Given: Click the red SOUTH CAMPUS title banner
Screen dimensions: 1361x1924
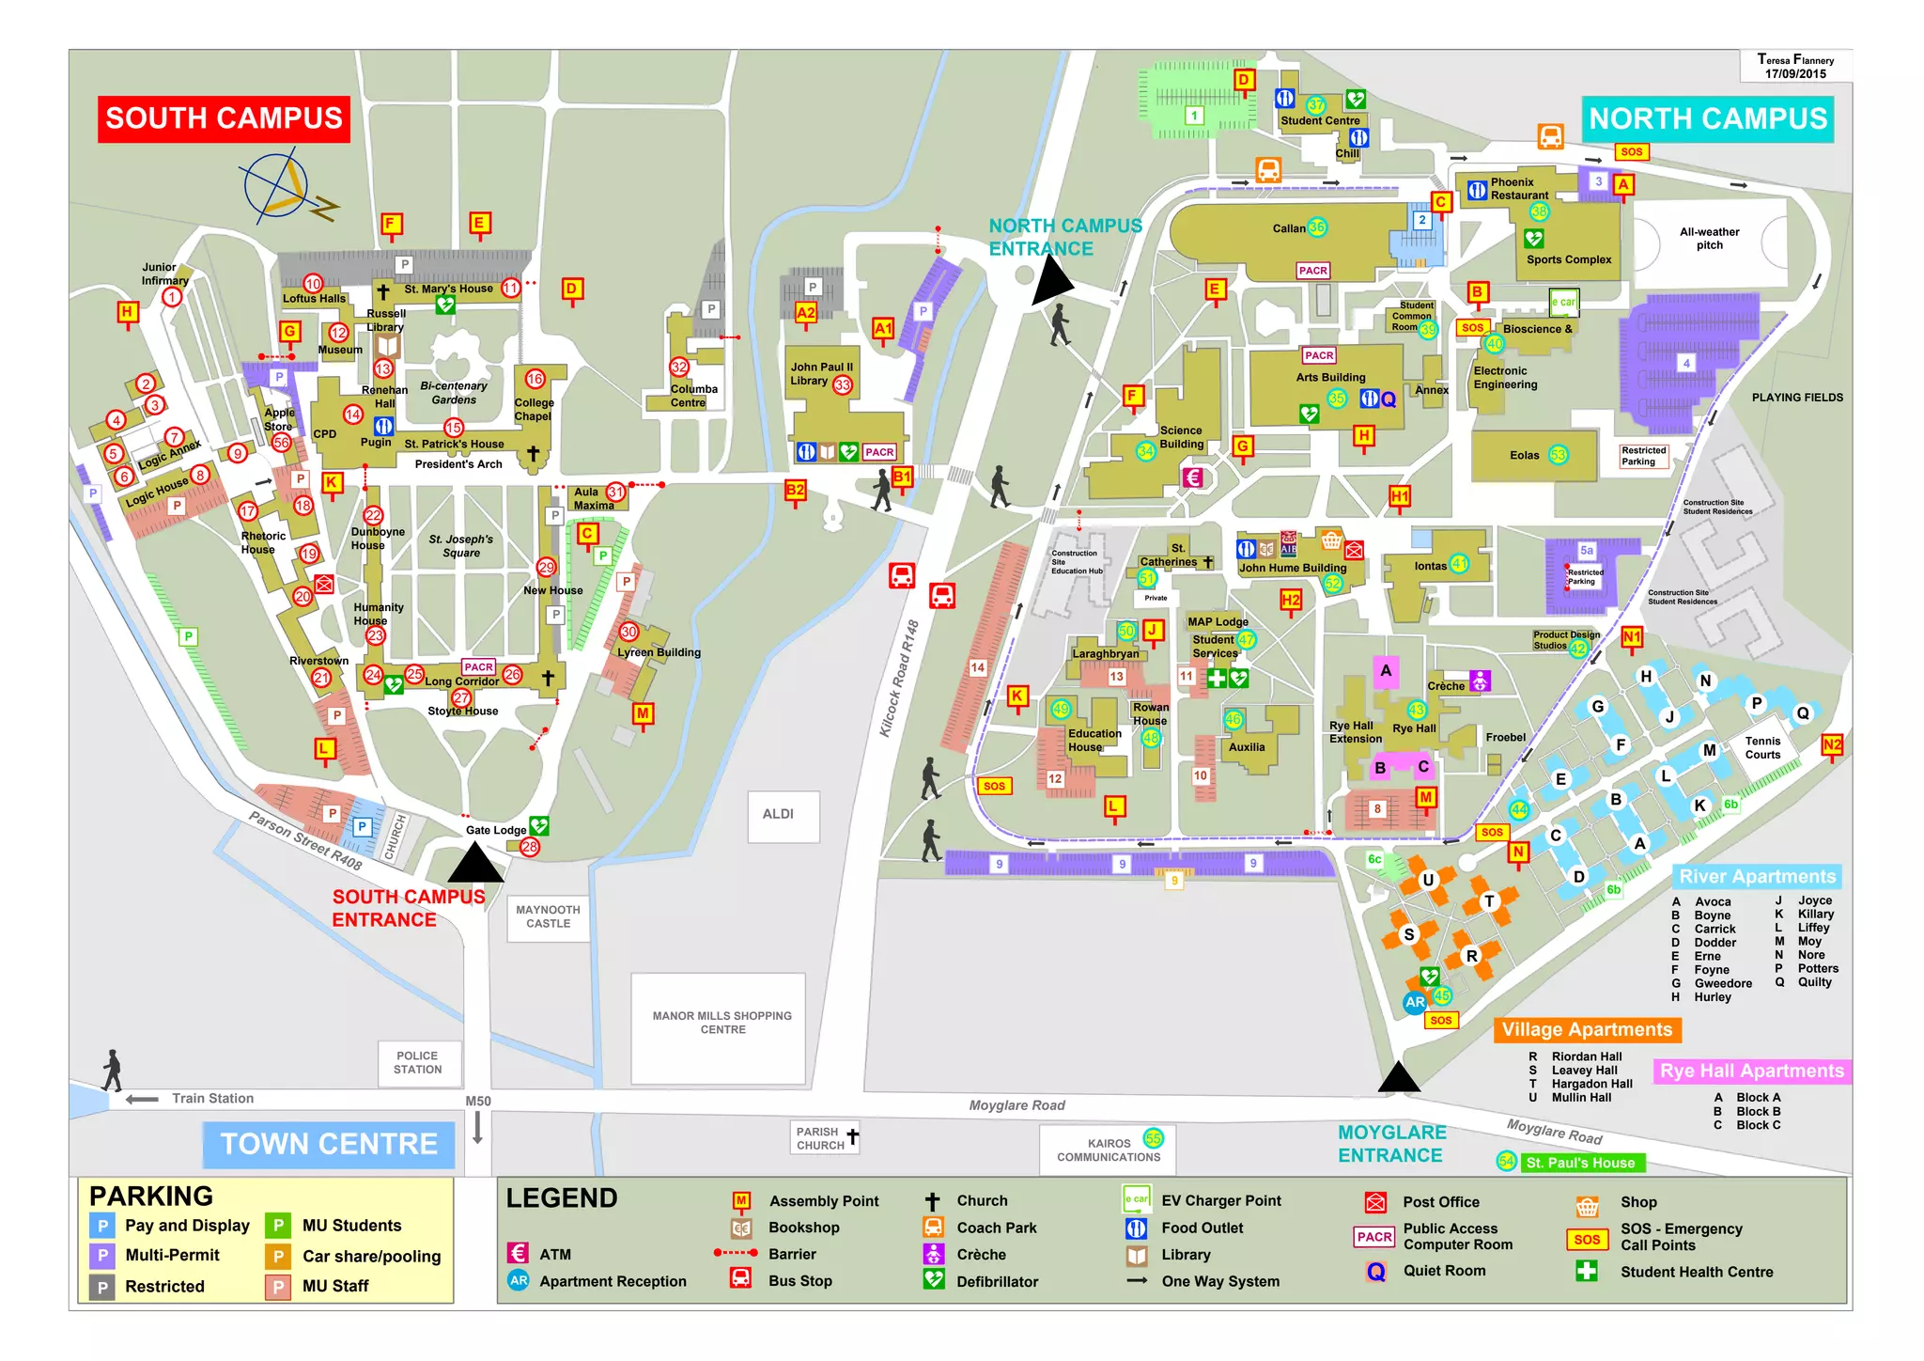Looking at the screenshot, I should [224, 119].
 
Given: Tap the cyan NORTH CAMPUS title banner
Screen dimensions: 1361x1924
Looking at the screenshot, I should [1707, 119].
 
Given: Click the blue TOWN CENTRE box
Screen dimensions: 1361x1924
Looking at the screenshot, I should [329, 1144].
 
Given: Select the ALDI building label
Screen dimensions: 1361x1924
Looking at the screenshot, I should [778, 814].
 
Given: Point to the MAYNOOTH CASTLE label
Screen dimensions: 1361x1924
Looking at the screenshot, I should [548, 916].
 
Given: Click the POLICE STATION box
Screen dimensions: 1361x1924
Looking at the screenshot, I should [417, 1062].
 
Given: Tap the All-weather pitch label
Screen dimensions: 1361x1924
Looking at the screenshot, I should [1709, 239].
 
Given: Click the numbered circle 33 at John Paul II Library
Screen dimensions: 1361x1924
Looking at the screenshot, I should [843, 384].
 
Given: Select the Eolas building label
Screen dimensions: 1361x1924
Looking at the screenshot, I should [1524, 455].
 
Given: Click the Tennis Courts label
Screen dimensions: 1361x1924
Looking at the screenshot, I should [1762, 748].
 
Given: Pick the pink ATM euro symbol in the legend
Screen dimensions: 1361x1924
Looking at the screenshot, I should [518, 1253].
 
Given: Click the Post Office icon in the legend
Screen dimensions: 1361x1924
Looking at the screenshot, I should [1375, 1202].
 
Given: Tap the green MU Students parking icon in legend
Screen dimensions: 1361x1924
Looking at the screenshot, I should [278, 1226].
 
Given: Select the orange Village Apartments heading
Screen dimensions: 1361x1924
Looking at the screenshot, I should [1587, 1029].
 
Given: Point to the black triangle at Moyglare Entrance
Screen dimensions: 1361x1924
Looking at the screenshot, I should [1399, 1078].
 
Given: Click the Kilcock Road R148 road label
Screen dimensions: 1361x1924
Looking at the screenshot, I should [899, 677].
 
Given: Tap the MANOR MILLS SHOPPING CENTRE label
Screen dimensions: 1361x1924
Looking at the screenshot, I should [722, 1023].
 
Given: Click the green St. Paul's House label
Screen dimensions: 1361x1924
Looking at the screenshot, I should [1580, 1163].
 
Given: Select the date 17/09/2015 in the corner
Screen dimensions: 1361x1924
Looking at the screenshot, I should [1794, 73].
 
